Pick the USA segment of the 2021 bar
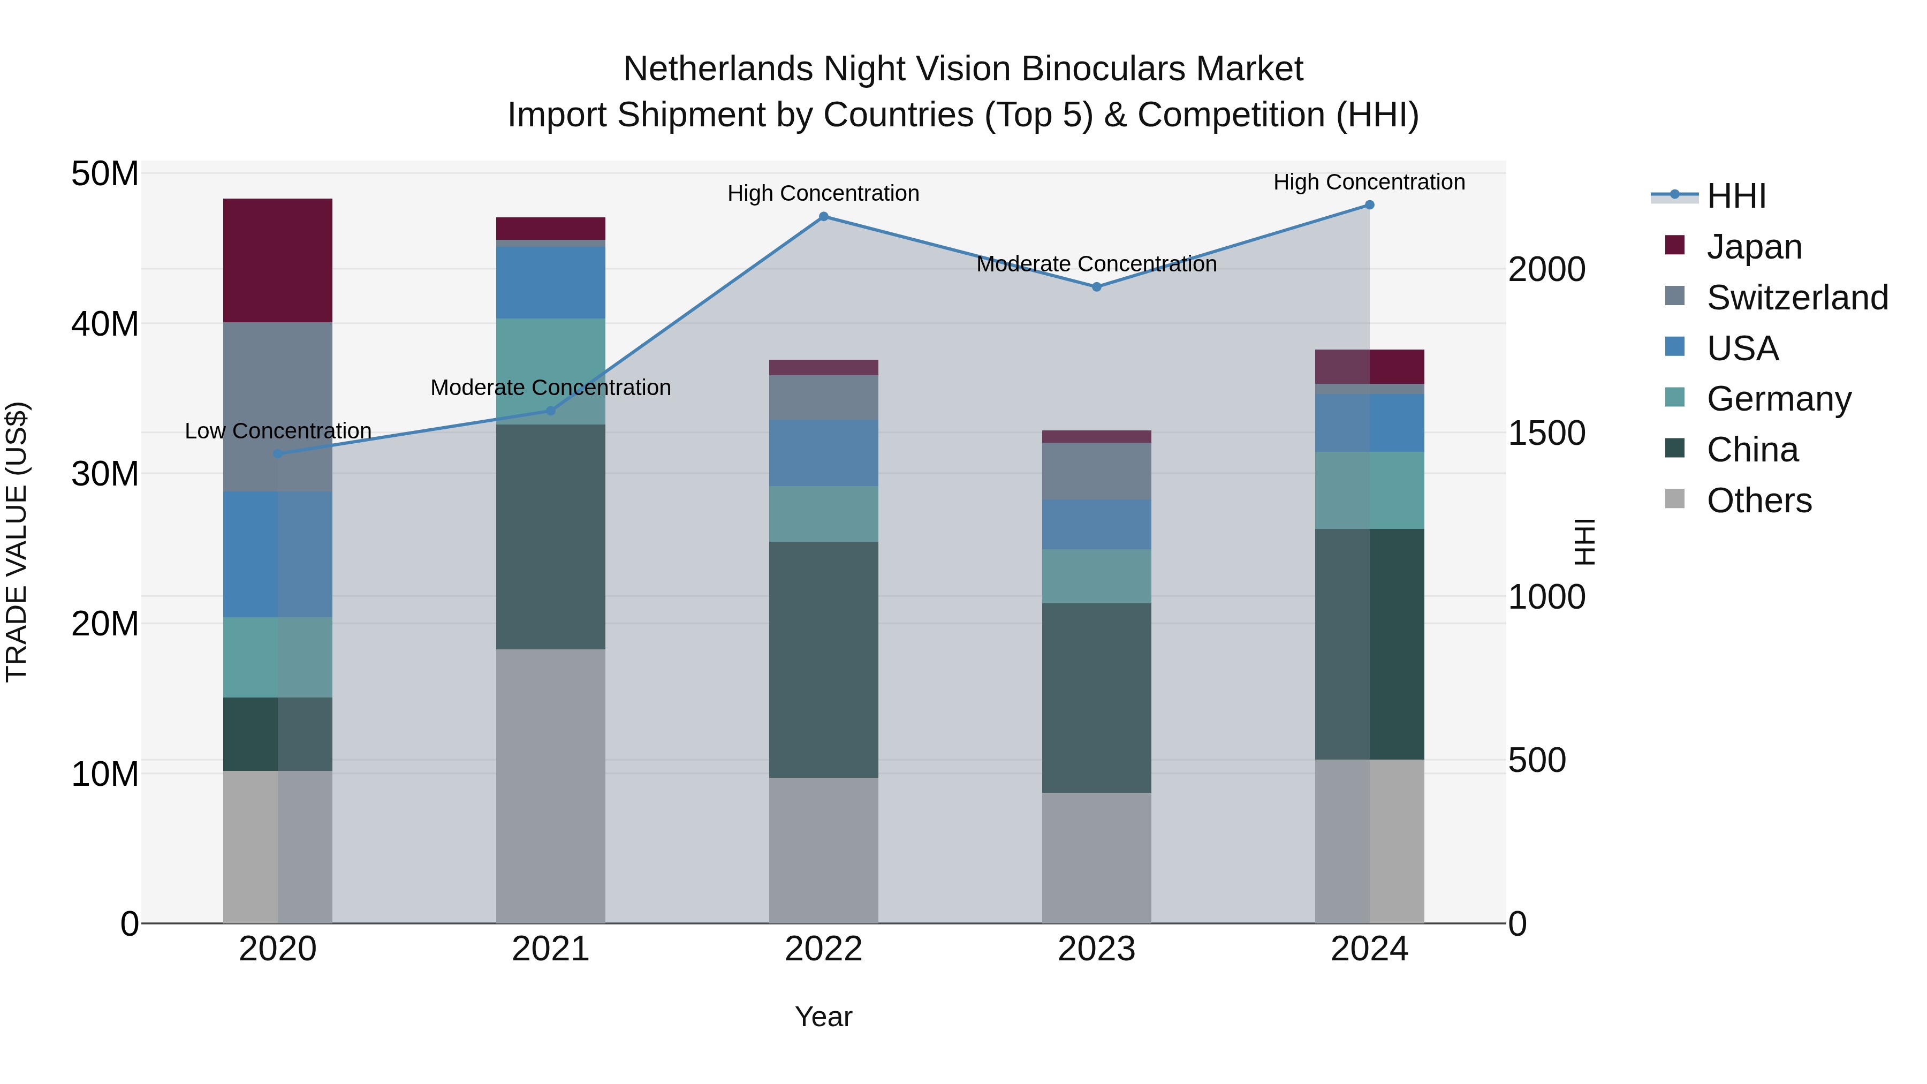click(551, 282)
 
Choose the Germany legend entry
click(1778, 399)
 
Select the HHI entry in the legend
click(1735, 196)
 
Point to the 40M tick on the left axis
click(105, 324)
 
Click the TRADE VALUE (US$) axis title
click(17, 542)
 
